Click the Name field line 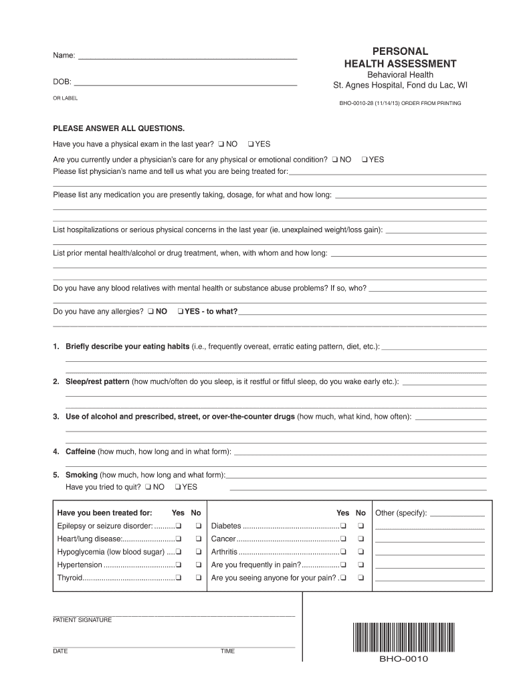(187, 59)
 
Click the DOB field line (185, 86)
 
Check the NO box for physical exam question (221, 144)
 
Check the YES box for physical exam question (249, 144)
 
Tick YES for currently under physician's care (364, 160)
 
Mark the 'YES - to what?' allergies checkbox (180, 311)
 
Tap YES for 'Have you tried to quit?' (177, 486)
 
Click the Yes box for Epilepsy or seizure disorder (179, 525)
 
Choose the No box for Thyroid (198, 577)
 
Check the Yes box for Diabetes (343, 525)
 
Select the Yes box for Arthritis (343, 552)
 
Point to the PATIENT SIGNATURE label (82, 620)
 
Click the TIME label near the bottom (227, 651)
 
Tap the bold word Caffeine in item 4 (80, 452)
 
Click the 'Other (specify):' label (401, 513)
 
